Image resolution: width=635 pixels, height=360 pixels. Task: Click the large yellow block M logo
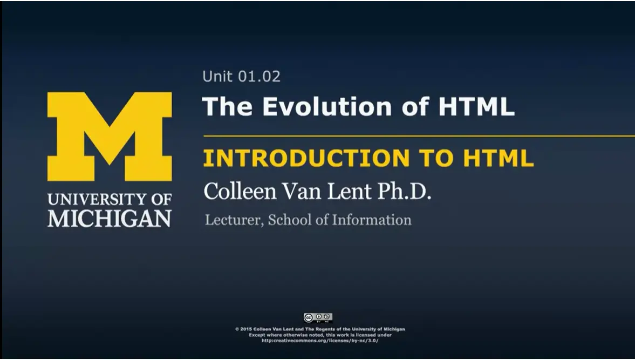tap(110, 136)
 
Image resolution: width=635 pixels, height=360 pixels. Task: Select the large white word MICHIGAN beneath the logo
tap(110, 218)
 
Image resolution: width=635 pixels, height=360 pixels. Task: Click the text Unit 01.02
tap(241, 77)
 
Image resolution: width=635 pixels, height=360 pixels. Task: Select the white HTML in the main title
tap(476, 106)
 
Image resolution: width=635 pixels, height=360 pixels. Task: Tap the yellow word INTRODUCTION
tap(306, 158)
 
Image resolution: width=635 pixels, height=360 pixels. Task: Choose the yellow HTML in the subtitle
tap(499, 158)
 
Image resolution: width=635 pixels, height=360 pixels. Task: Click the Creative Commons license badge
tap(318, 317)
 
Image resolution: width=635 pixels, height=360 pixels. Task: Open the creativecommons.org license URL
tap(320, 341)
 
